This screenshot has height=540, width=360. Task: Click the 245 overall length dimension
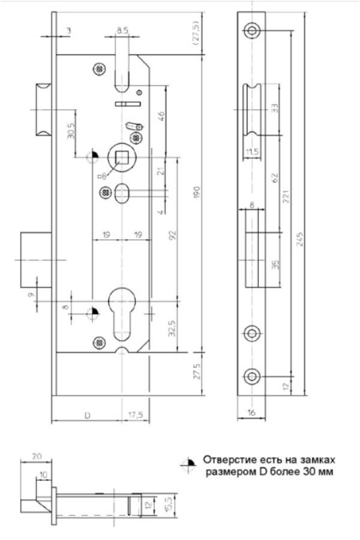[300, 239]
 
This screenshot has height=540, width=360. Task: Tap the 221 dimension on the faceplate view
[286, 196]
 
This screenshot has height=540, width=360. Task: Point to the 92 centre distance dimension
[173, 235]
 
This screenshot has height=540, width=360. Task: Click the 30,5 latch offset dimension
[71, 130]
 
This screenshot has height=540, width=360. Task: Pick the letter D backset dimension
[88, 415]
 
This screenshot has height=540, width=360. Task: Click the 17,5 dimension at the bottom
[136, 415]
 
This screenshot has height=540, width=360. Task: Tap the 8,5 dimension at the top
[122, 31]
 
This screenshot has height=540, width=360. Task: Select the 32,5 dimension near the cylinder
[172, 328]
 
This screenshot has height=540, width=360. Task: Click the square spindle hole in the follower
[122, 157]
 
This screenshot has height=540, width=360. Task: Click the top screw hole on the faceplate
[252, 31]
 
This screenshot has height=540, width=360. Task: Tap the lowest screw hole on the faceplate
[252, 376]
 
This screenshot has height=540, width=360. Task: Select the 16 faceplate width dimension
[251, 413]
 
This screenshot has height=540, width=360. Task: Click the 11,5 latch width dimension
[252, 152]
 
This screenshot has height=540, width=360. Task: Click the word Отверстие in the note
[230, 460]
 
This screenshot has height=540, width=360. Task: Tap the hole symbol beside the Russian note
[188, 464]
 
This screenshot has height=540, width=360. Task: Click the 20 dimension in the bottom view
[37, 457]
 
